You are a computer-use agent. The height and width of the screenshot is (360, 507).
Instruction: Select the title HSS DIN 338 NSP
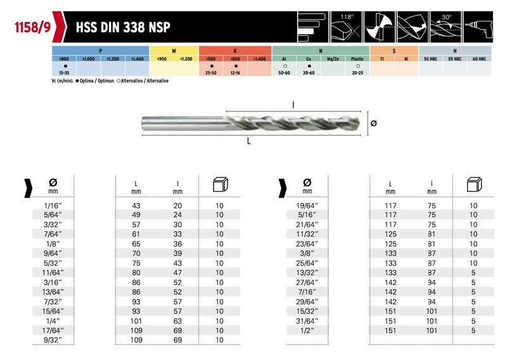coord(122,29)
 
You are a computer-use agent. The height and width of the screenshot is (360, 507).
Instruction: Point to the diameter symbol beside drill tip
coord(374,124)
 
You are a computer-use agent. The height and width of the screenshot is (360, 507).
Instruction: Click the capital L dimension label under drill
coord(250,142)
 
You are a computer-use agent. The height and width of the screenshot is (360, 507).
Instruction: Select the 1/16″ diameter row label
coord(54,205)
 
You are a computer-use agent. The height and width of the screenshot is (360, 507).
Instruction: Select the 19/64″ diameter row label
coord(307,205)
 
